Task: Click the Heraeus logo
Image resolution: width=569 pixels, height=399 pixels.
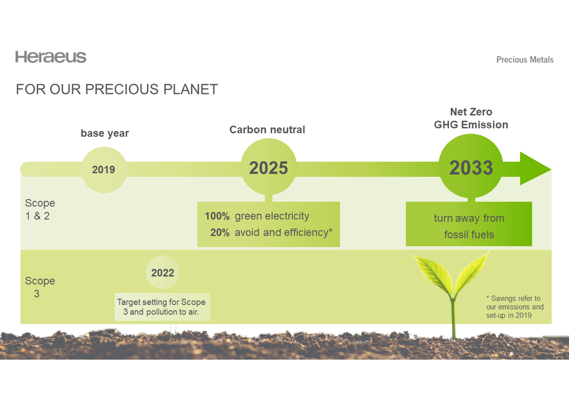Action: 51,57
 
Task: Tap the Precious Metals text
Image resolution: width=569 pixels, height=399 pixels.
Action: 525,60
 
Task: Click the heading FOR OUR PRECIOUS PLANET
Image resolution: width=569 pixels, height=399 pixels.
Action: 117,89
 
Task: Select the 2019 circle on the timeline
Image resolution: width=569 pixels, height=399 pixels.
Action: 104,170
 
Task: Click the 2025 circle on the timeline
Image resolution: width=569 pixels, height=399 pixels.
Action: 268,168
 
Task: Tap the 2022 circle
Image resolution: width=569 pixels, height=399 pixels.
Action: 162,273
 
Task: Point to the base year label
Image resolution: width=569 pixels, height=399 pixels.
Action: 105,133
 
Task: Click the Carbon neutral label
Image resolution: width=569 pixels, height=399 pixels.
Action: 267,130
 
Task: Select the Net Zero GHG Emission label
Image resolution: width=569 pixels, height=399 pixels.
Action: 471,118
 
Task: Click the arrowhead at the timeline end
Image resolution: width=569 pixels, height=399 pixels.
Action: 534,169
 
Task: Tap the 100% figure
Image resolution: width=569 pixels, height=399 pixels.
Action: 217,216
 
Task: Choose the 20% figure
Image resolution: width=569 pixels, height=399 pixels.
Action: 220,232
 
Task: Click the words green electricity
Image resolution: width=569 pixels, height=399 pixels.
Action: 272,216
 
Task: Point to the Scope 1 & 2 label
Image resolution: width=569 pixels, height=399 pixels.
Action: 40,210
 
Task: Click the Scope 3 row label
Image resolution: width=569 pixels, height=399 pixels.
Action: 40,287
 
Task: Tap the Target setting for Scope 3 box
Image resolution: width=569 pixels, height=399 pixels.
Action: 162,307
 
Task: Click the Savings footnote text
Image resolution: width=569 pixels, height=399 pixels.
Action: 514,307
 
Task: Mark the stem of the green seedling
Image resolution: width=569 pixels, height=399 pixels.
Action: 454,317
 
